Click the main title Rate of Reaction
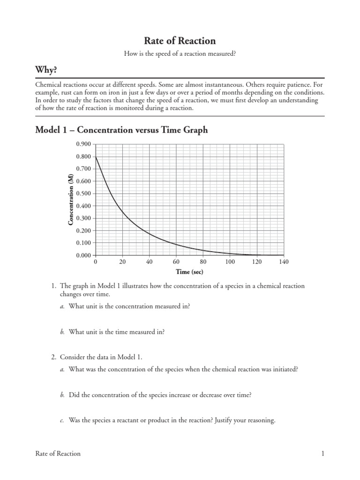[180, 41]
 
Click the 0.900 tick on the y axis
[84, 144]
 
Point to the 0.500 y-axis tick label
[84, 194]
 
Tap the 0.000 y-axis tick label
[84, 255]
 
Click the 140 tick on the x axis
[284, 262]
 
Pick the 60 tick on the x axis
[176, 262]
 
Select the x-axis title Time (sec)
[189, 272]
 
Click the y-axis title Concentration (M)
[71, 199]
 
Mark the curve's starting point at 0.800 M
[96, 157]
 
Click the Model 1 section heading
[121, 130]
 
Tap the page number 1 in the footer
[323, 453]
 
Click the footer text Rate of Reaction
[58, 453]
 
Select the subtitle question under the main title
[180, 54]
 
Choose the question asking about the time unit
[117, 331]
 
